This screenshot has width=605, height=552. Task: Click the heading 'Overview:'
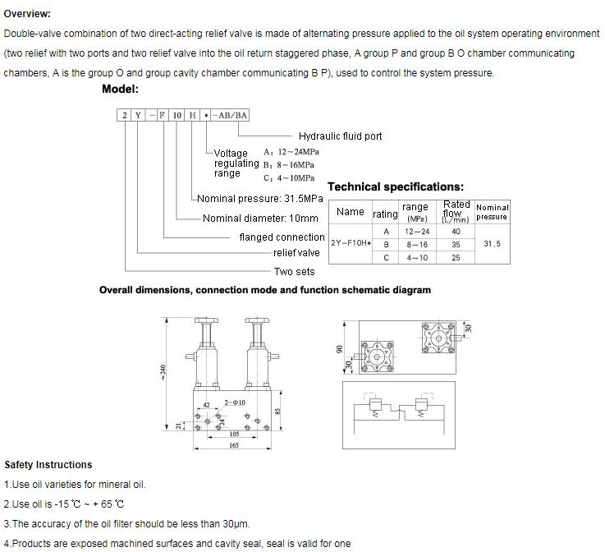27,14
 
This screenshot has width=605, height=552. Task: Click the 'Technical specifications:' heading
396,187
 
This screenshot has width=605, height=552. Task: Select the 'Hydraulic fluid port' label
340,136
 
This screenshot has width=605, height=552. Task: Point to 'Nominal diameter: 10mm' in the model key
260,218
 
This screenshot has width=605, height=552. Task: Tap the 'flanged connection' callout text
282,237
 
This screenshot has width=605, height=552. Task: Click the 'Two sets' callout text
294,272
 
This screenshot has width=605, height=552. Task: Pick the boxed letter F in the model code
162,116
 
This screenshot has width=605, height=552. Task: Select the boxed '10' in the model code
177,116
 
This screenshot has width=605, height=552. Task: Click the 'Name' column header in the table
351,212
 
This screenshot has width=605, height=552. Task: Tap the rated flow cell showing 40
456,232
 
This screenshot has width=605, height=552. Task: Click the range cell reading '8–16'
417,245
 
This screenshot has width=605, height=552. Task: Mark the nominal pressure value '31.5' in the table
492,244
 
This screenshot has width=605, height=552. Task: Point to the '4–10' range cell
417,258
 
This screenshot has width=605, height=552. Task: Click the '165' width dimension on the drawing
234,444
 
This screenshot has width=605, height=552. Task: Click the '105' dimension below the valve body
234,433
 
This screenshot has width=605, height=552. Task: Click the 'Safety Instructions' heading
48,465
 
